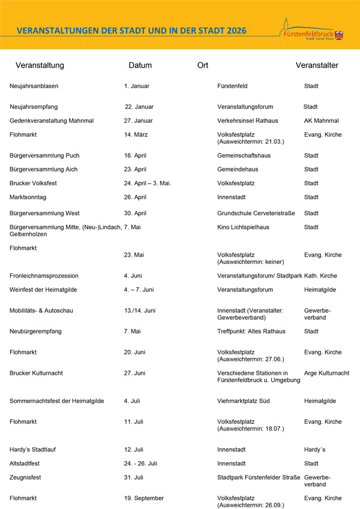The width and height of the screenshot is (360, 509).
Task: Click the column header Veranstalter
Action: coord(317,65)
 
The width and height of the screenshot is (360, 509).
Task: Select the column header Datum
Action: coord(140,65)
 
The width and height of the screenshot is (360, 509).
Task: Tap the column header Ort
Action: coord(203,65)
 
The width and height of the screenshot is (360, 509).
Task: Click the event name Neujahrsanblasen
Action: coord(34,86)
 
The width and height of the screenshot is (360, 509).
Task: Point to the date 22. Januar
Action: coord(139,107)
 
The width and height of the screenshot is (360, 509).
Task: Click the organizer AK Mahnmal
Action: coord(322,121)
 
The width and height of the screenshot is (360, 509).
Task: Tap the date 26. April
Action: coord(135,197)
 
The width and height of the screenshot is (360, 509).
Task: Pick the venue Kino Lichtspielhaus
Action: coord(243,227)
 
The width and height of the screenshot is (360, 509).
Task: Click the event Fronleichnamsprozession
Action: coord(44,276)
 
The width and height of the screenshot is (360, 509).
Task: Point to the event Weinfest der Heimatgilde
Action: coord(43,290)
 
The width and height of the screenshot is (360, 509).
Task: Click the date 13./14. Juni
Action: coord(140,311)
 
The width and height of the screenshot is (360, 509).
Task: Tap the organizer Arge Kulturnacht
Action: coord(326,373)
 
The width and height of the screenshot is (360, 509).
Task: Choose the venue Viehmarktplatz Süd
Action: coord(243,401)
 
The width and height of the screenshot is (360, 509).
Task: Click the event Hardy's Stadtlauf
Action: coord(32,450)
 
